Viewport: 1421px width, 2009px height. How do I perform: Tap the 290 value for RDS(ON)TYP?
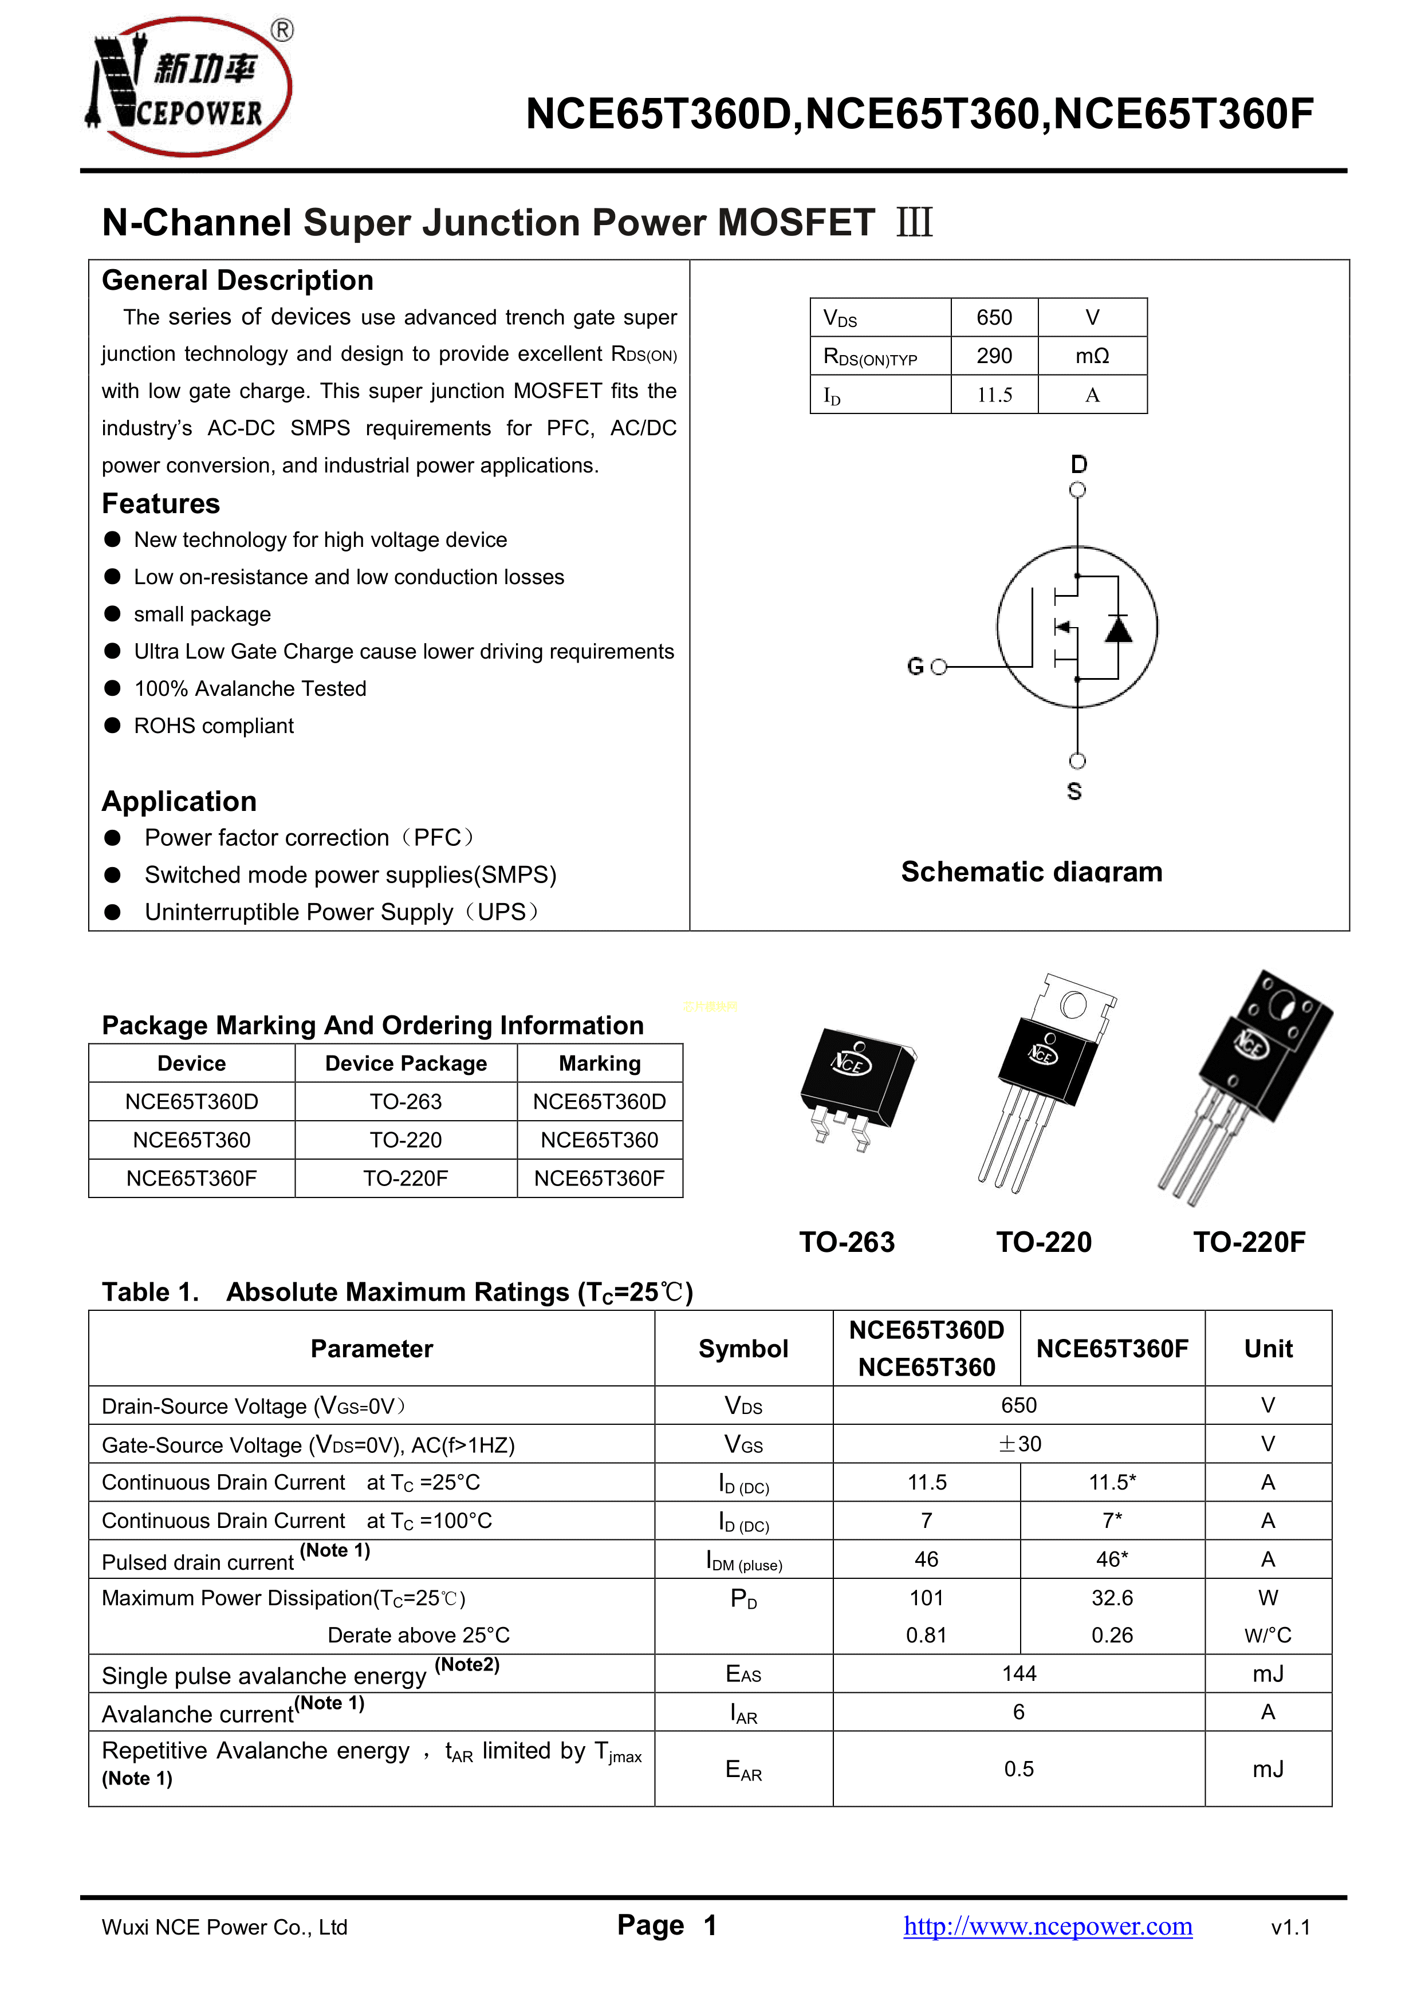pyautogui.click(x=994, y=356)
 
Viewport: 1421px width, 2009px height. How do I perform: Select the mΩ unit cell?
pyautogui.click(x=1092, y=356)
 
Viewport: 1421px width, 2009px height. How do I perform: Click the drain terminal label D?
pyautogui.click(x=1079, y=464)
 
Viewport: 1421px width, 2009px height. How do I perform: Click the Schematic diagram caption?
pyautogui.click(x=1032, y=872)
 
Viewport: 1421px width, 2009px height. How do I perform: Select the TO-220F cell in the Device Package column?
pyautogui.click(x=406, y=1179)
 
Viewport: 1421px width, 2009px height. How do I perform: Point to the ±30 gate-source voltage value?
pyautogui.click(x=1018, y=1444)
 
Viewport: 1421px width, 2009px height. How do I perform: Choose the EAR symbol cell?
pyautogui.click(x=744, y=1769)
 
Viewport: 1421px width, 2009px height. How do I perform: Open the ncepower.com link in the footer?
pyautogui.click(x=1048, y=1926)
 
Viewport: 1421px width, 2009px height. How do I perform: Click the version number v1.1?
pyautogui.click(x=1290, y=1928)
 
